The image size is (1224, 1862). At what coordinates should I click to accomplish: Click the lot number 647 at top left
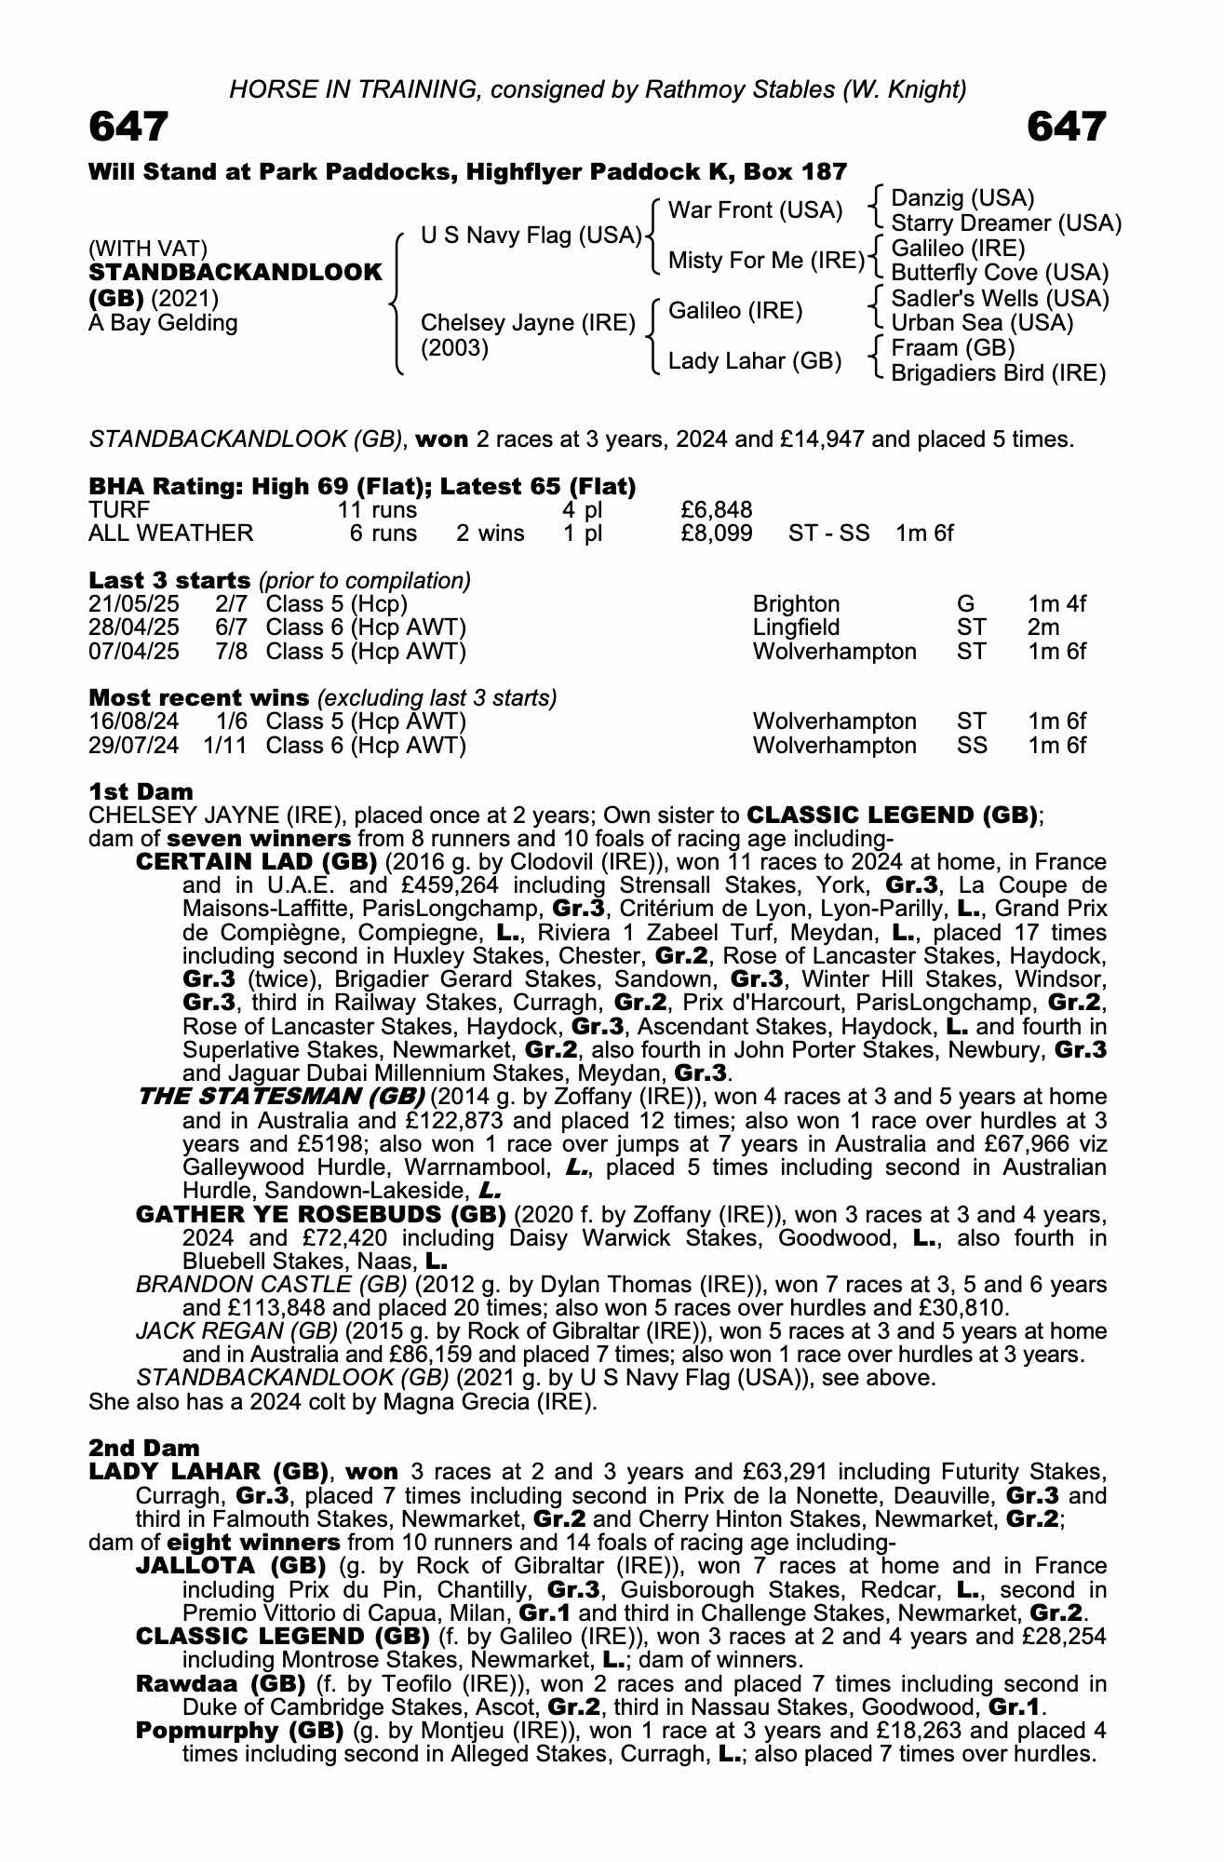(128, 127)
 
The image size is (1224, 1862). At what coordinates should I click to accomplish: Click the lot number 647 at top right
(1067, 127)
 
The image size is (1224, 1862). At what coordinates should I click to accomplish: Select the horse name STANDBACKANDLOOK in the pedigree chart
(235, 273)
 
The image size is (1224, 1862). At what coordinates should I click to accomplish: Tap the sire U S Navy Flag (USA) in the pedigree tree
(531, 236)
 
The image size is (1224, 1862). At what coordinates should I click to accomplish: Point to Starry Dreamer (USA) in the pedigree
(1005, 223)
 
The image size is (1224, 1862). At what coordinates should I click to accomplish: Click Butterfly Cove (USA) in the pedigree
(1000, 273)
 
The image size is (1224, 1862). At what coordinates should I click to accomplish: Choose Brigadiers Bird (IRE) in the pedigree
(998, 373)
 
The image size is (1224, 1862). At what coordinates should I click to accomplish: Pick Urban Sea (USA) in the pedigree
(982, 323)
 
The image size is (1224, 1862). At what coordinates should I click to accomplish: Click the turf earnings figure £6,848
(717, 509)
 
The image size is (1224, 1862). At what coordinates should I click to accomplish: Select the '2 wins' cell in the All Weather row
(490, 533)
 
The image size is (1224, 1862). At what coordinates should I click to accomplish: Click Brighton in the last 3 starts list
(796, 604)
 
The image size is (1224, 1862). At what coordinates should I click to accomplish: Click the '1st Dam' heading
(141, 791)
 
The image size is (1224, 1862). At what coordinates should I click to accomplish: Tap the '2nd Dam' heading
(143, 1448)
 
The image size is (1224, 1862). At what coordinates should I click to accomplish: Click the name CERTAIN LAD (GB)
(256, 862)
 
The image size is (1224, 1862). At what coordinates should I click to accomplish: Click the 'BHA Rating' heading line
(362, 486)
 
